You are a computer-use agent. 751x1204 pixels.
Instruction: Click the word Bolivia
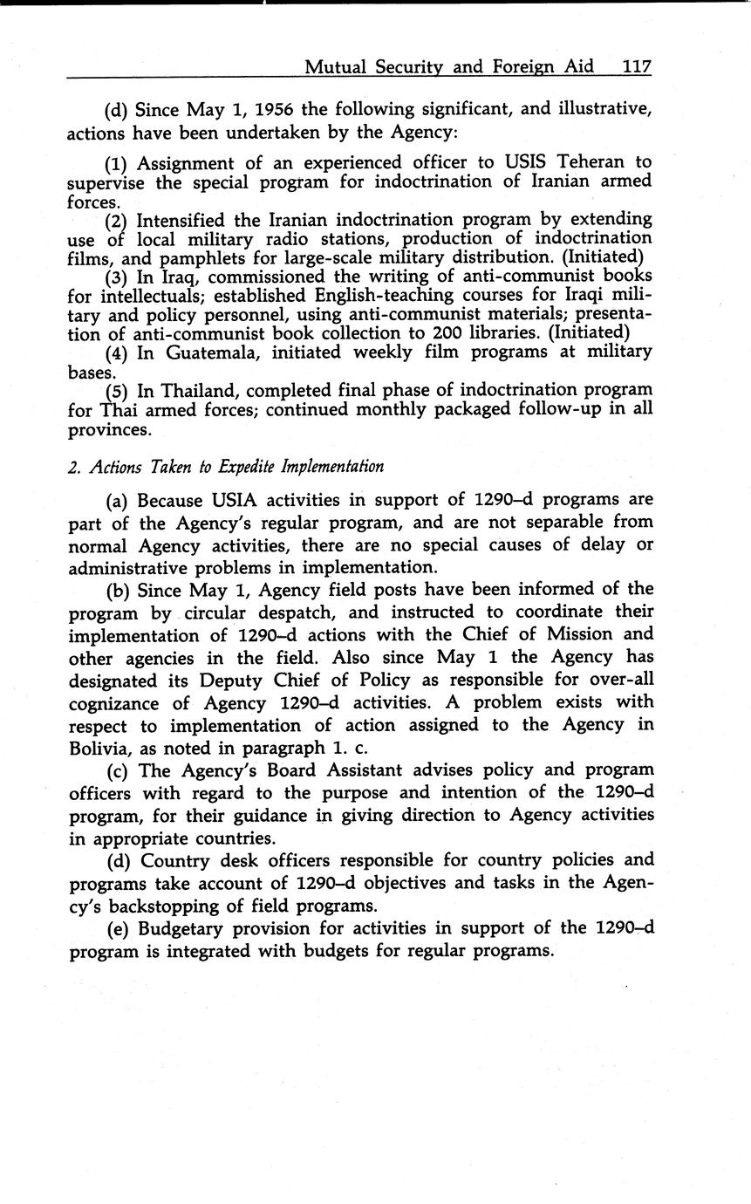pos(101,748)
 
